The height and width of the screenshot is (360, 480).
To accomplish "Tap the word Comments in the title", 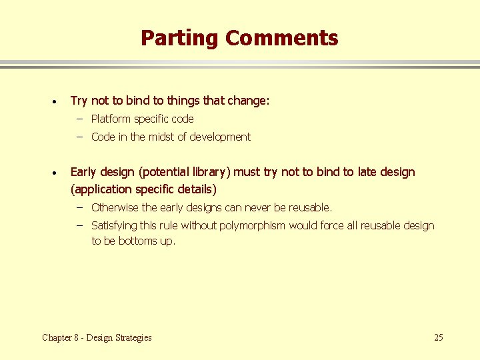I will coord(281,38).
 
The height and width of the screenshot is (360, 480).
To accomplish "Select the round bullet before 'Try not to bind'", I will coord(53,102).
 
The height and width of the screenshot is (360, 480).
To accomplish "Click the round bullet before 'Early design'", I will coord(53,173).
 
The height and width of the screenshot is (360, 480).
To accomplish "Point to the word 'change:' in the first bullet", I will coord(249,101).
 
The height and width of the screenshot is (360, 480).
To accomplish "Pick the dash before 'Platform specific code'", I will coord(79,119).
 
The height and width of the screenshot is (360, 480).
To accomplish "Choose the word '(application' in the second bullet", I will coord(101,189).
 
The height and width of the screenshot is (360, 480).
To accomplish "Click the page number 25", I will coord(438,337).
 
